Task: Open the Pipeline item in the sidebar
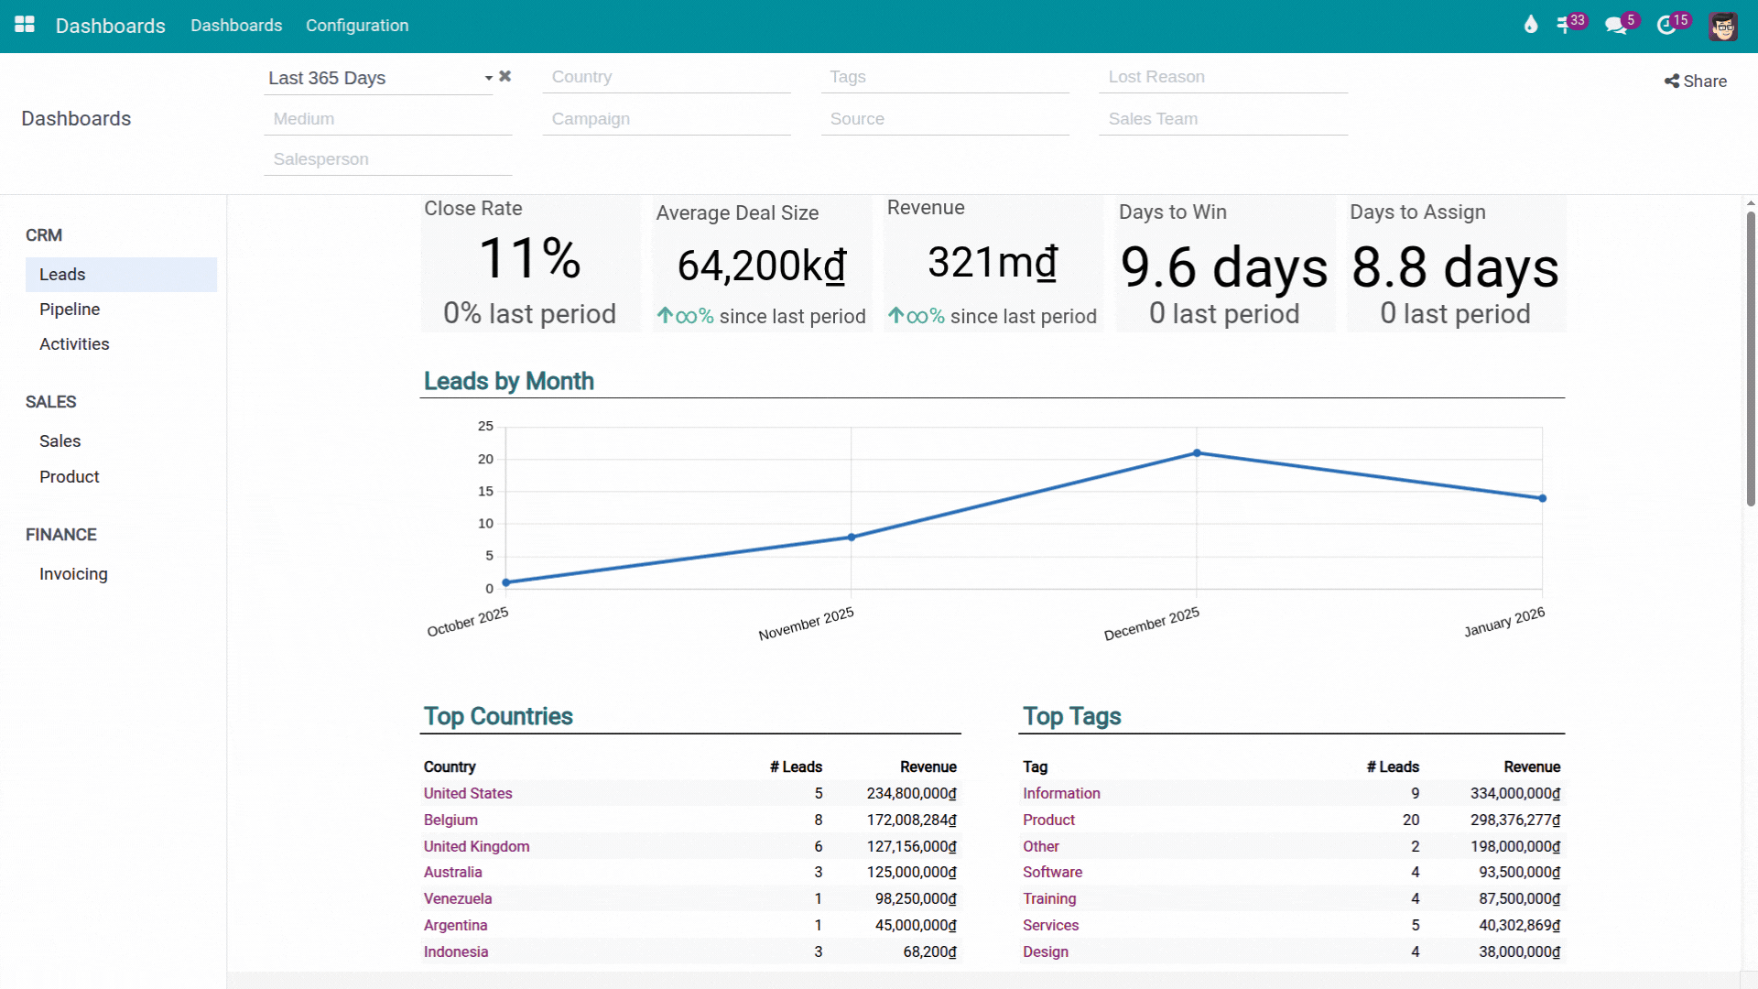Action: point(70,310)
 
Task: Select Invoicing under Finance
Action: point(73,574)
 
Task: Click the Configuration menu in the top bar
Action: point(357,26)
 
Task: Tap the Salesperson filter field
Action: point(387,159)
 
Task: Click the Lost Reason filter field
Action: point(1222,78)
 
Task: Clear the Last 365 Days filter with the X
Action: point(505,77)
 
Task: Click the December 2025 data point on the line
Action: point(1197,453)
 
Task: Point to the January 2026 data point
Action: point(1543,498)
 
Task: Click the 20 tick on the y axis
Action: point(485,459)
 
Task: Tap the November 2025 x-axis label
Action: point(806,624)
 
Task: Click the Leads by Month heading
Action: point(508,381)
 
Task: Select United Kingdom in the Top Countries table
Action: point(476,846)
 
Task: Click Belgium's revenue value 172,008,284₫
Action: point(911,820)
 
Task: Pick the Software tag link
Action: point(1052,872)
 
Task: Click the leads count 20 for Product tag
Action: point(1410,820)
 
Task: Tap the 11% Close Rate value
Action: point(529,258)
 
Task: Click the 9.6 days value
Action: point(1223,267)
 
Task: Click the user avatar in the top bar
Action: point(1722,26)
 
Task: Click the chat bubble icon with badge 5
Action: point(1616,26)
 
